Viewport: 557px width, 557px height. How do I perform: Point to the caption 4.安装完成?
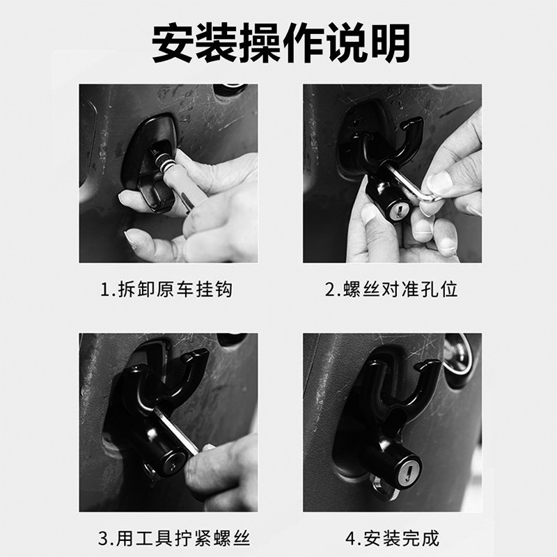point(392,538)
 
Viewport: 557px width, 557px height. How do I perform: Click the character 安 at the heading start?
point(173,42)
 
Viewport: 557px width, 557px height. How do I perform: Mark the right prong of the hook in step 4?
point(426,383)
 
